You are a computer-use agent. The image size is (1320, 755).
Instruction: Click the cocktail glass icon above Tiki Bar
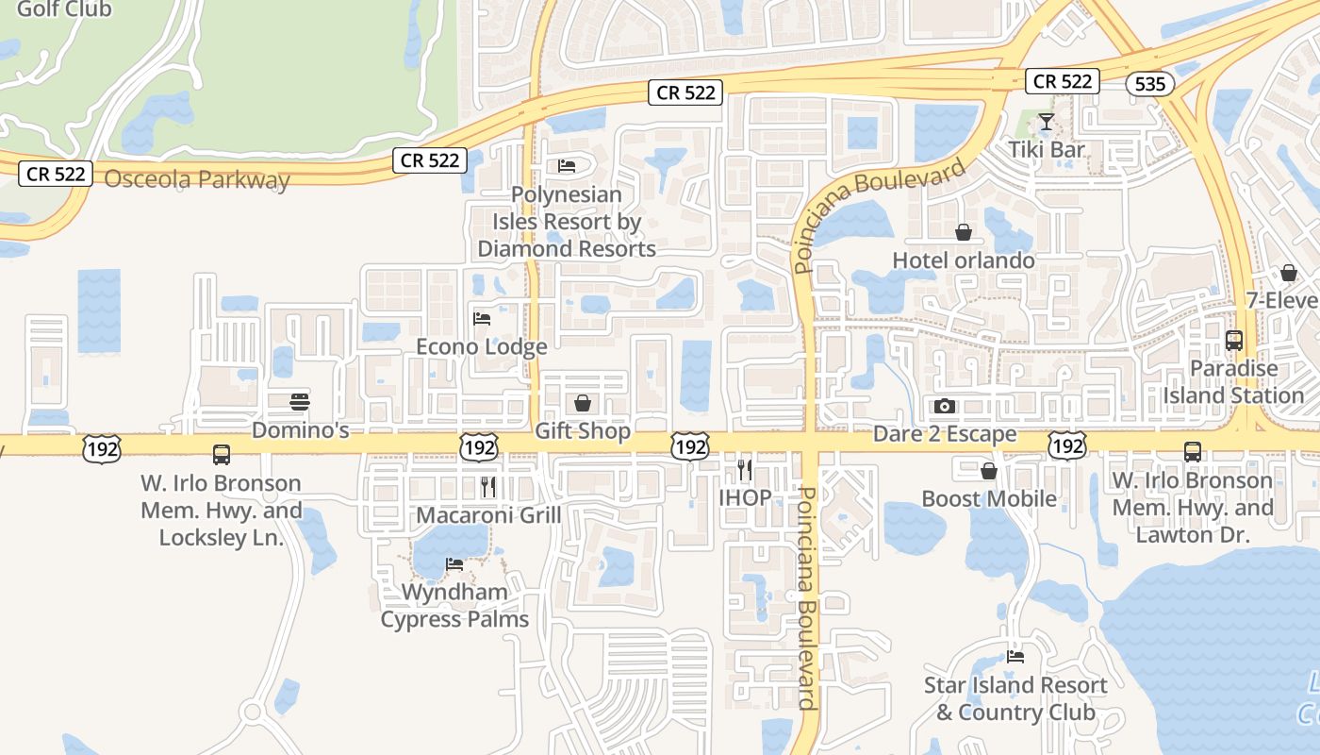click(x=1046, y=122)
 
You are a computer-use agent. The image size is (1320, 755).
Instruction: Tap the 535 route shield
click(x=1150, y=84)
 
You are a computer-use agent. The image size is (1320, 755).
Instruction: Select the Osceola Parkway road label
click(x=197, y=179)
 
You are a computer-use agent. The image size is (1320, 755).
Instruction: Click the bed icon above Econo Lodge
click(x=482, y=319)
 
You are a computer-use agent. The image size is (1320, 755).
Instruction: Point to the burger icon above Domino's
click(x=300, y=402)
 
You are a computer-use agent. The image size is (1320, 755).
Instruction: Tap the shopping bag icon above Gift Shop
click(x=583, y=404)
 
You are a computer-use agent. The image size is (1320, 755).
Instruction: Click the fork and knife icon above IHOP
click(x=745, y=469)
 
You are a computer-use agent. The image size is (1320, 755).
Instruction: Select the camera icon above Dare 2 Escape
click(x=944, y=407)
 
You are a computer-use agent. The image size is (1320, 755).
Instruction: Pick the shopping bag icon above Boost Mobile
click(x=989, y=471)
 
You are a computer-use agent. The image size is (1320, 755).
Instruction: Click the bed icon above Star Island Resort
click(x=1015, y=657)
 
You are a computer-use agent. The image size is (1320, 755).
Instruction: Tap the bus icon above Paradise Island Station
click(x=1233, y=341)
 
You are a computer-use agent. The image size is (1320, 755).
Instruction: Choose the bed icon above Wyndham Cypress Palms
click(x=454, y=564)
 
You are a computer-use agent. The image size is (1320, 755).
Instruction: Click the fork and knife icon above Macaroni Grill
click(x=487, y=487)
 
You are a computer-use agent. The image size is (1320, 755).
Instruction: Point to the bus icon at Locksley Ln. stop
click(x=222, y=455)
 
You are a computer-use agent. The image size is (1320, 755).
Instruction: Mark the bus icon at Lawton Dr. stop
click(x=1193, y=452)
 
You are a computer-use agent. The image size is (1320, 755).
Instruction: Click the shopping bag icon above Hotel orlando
click(x=964, y=232)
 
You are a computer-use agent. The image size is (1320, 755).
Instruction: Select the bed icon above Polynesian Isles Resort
click(x=566, y=166)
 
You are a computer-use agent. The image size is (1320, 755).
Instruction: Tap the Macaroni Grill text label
click(x=488, y=515)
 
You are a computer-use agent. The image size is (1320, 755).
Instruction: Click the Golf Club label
click(x=64, y=9)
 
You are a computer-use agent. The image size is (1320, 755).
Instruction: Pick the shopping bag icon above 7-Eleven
click(x=1289, y=274)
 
